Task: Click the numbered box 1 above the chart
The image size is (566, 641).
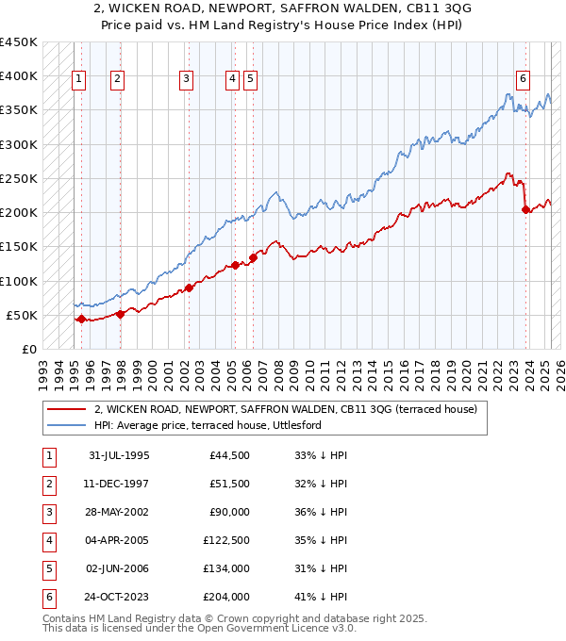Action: (77, 80)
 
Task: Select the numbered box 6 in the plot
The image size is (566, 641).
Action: (523, 80)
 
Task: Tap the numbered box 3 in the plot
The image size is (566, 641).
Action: (187, 80)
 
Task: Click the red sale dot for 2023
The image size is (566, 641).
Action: (525, 209)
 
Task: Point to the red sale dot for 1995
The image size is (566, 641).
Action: (81, 319)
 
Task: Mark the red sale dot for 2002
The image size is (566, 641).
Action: (189, 288)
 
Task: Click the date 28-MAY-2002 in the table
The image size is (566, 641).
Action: (119, 512)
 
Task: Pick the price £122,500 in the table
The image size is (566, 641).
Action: (225, 540)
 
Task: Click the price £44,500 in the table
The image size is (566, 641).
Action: (229, 455)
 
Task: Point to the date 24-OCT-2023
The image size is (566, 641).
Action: (119, 597)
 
